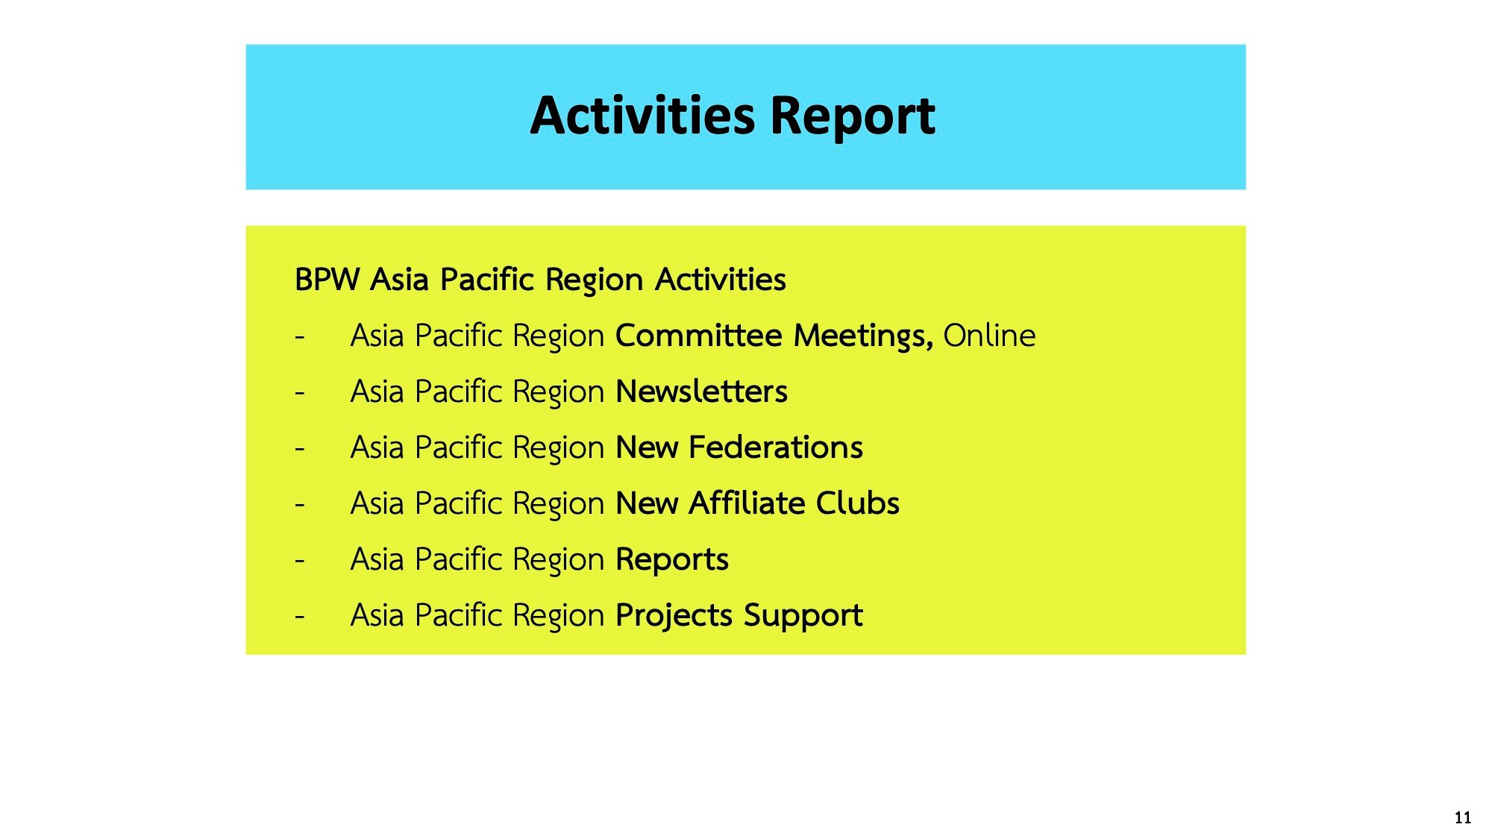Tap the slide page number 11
coord(1463,817)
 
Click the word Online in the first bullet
coord(989,336)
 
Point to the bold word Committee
coord(699,336)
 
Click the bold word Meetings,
coord(863,337)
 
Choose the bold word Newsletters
coord(702,392)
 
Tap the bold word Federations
coord(776,447)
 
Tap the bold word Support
coord(803,617)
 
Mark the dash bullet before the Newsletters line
coord(300,392)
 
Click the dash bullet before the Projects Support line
coord(300,616)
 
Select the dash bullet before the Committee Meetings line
coord(300,336)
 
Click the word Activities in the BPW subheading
coord(721,280)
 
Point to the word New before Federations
coord(647,447)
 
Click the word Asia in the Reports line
coord(377,559)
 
